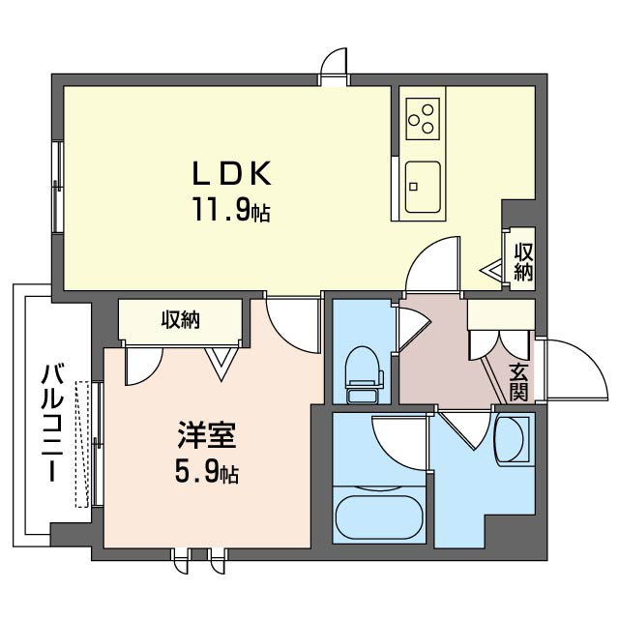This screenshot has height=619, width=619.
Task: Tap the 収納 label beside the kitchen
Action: [x=523, y=260]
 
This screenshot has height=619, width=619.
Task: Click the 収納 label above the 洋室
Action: [x=180, y=319]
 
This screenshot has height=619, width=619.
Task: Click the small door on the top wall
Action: [x=335, y=66]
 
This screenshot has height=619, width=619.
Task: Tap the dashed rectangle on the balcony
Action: [x=81, y=443]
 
